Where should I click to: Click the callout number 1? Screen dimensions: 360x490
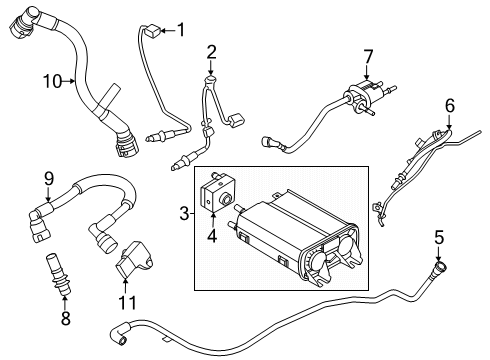(x=181, y=29)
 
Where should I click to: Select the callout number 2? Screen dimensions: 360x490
(x=211, y=51)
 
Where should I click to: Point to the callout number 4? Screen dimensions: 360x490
(x=211, y=236)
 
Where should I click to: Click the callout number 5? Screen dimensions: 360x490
(x=437, y=237)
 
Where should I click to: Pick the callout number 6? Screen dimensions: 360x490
(x=449, y=104)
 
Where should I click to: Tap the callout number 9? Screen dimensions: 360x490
(x=46, y=180)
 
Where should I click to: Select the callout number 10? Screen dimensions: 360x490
(x=46, y=80)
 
